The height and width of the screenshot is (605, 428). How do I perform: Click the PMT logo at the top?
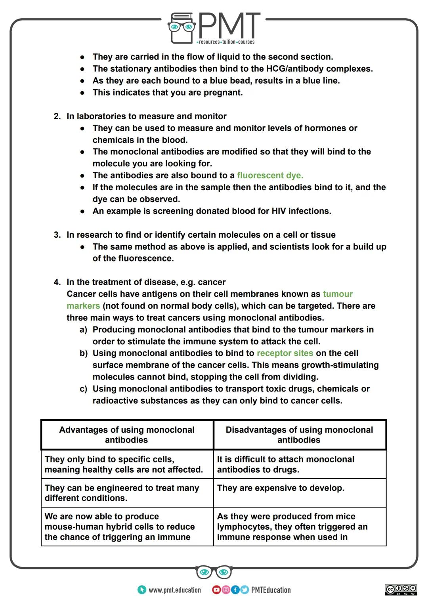(x=214, y=28)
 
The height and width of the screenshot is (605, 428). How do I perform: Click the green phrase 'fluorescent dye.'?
(x=270, y=176)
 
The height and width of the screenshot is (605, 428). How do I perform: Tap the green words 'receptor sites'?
(x=285, y=353)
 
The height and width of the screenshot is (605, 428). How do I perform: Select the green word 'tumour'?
(x=338, y=294)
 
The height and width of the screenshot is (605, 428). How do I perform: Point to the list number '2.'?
(x=57, y=116)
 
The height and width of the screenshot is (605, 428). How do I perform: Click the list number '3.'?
(x=57, y=235)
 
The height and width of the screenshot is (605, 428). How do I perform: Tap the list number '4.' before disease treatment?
(x=57, y=282)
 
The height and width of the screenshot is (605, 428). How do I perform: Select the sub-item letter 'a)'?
(x=83, y=330)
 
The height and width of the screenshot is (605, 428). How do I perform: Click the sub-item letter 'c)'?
(x=83, y=389)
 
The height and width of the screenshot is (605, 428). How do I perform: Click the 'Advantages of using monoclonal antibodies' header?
(x=127, y=435)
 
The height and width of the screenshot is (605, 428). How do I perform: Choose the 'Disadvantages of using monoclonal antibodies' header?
(x=299, y=435)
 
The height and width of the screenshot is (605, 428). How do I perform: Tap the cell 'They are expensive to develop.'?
(x=281, y=488)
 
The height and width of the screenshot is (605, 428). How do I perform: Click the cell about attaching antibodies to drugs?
(x=285, y=464)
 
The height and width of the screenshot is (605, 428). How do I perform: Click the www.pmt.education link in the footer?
(x=174, y=590)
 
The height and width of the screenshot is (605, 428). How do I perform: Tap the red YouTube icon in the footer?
(x=216, y=590)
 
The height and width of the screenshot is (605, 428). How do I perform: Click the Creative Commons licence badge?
(x=401, y=590)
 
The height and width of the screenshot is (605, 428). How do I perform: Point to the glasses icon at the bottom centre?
(x=214, y=572)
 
